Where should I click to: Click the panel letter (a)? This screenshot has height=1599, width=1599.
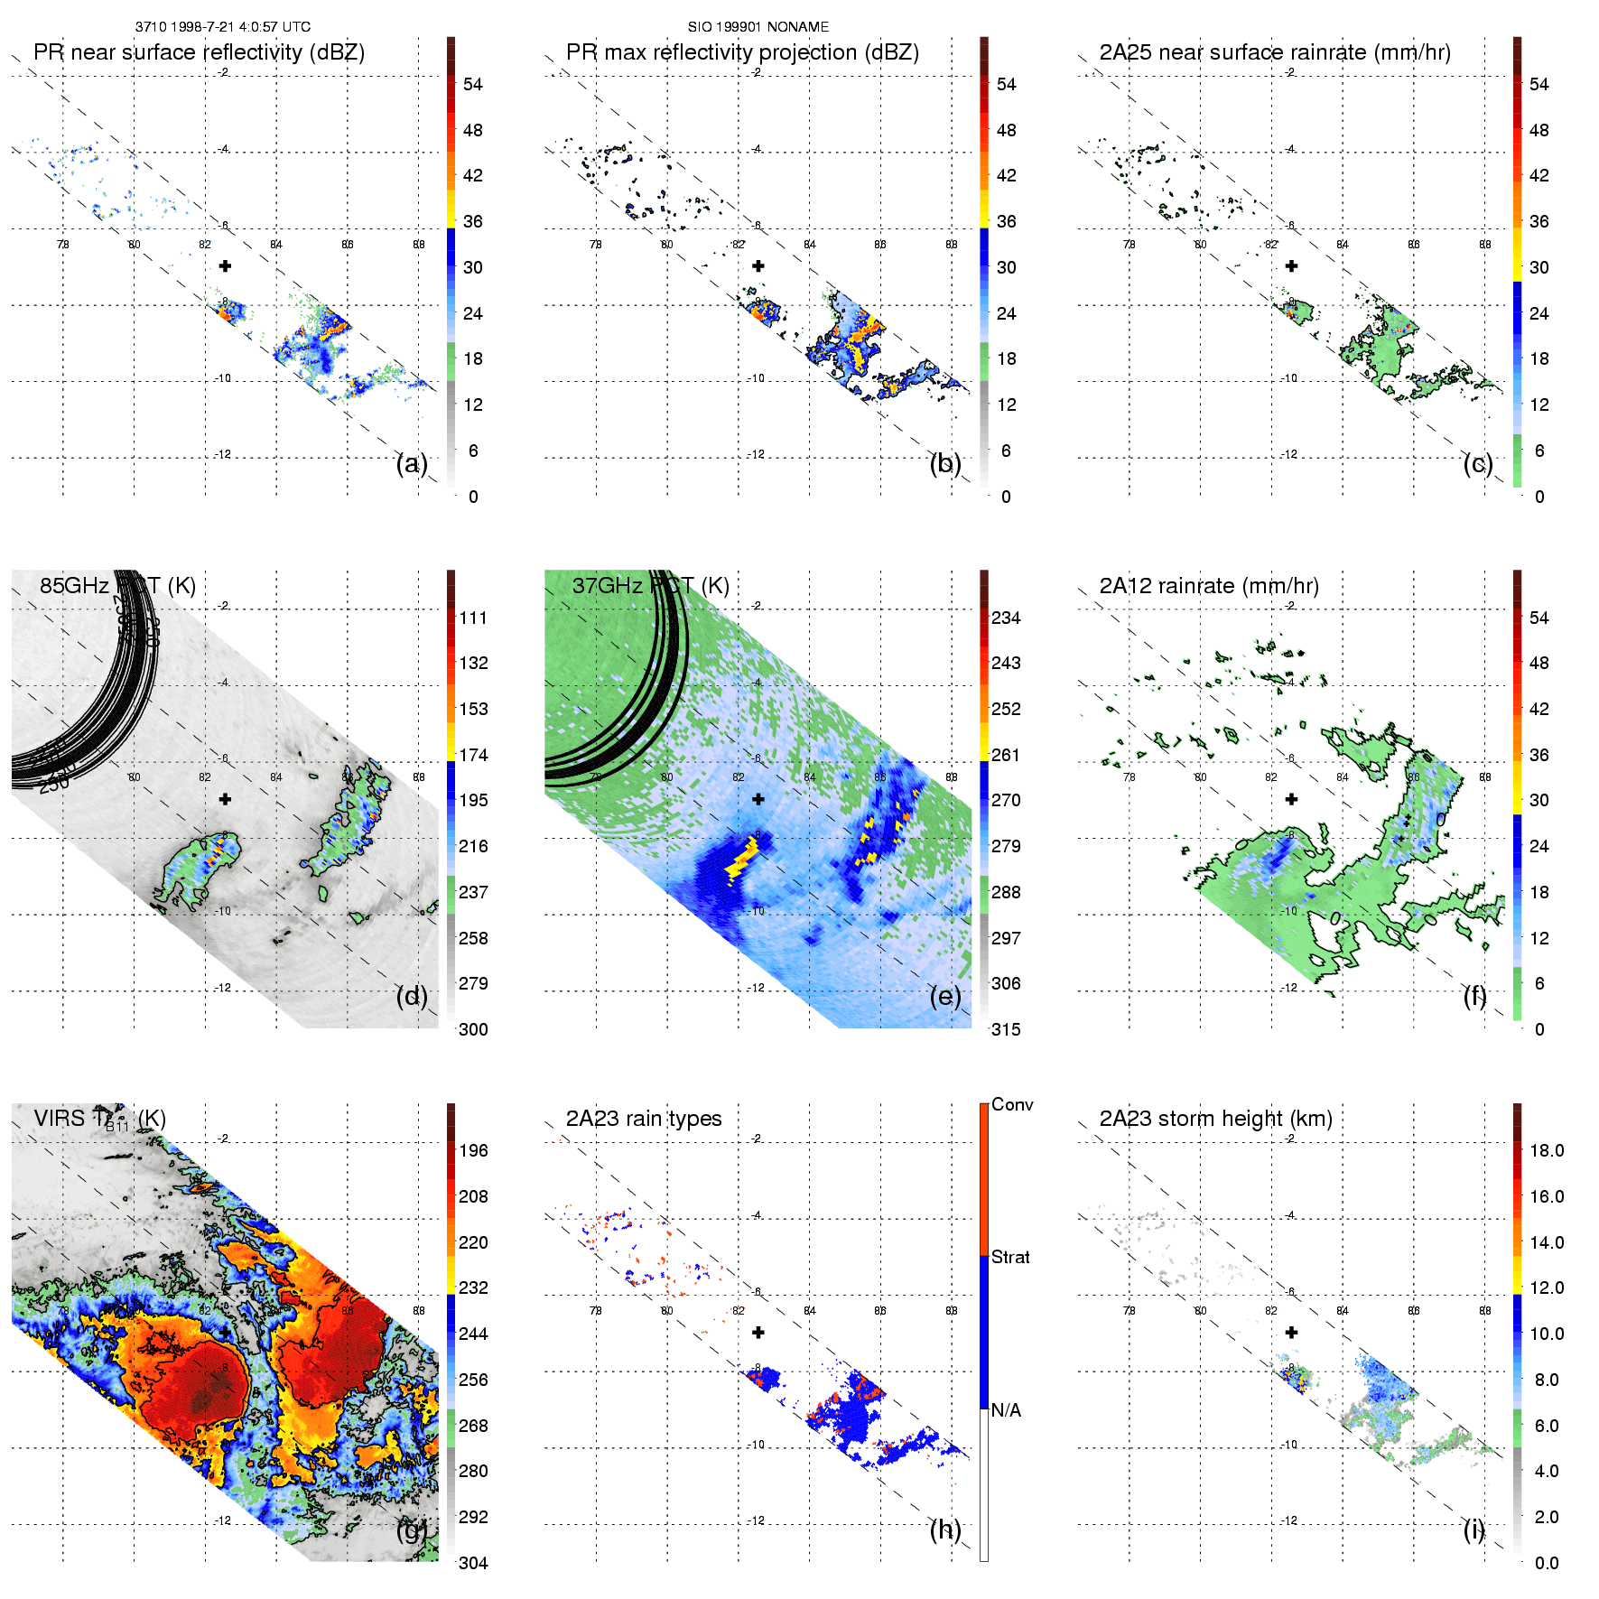412,464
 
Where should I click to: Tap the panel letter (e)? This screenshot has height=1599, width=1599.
945,997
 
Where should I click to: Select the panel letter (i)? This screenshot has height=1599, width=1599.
1473,1529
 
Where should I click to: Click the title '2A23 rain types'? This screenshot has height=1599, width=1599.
644,1119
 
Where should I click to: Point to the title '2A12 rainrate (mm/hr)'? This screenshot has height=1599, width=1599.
1209,586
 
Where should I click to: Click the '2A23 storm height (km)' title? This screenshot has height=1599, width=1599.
1215,1119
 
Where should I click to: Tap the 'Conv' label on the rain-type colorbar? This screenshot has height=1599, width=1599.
1012,1104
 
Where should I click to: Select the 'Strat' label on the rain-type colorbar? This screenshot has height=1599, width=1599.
1010,1257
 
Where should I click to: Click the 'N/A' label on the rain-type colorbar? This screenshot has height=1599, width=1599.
1007,1410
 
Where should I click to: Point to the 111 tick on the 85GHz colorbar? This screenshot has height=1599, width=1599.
473,618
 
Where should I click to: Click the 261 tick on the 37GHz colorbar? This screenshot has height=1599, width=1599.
1006,755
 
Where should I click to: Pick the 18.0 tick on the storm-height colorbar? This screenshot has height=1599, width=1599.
1546,1150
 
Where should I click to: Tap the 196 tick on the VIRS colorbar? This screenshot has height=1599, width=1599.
473,1150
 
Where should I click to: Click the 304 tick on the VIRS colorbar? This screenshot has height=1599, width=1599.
473,1563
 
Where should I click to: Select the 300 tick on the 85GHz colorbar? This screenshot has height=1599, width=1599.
473,1029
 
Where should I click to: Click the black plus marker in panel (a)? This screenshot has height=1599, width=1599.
225,265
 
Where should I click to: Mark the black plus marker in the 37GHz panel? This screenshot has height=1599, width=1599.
758,799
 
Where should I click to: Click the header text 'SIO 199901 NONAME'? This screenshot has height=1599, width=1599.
758,27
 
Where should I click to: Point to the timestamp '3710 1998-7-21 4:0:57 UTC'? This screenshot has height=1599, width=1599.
223,27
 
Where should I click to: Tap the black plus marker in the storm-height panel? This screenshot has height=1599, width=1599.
1292,1332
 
